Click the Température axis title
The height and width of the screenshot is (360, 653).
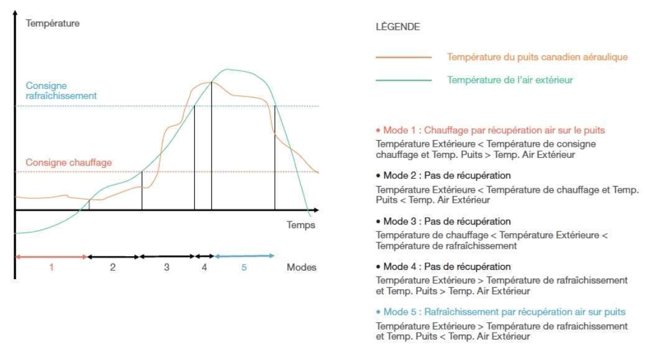52,24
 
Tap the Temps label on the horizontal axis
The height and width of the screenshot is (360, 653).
301,224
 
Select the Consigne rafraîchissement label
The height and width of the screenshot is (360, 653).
61,91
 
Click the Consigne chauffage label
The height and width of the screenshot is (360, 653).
68,162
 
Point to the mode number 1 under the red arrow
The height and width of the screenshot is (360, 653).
52,268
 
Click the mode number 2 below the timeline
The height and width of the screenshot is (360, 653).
113,268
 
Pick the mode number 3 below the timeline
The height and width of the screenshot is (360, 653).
167,268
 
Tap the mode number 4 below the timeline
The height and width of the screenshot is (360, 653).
204,268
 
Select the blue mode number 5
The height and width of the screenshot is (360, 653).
244,268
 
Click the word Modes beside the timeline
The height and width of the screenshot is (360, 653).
302,268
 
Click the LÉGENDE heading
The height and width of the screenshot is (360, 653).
397,27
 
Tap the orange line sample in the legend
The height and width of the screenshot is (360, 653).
404,57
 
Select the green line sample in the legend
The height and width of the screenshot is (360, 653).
404,80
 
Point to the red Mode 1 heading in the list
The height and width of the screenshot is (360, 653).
491,131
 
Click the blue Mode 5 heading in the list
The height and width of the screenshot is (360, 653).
501,312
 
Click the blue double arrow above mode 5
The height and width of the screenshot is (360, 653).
244,256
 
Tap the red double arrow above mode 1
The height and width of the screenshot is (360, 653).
51,256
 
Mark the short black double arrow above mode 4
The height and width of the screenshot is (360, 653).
205,256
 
